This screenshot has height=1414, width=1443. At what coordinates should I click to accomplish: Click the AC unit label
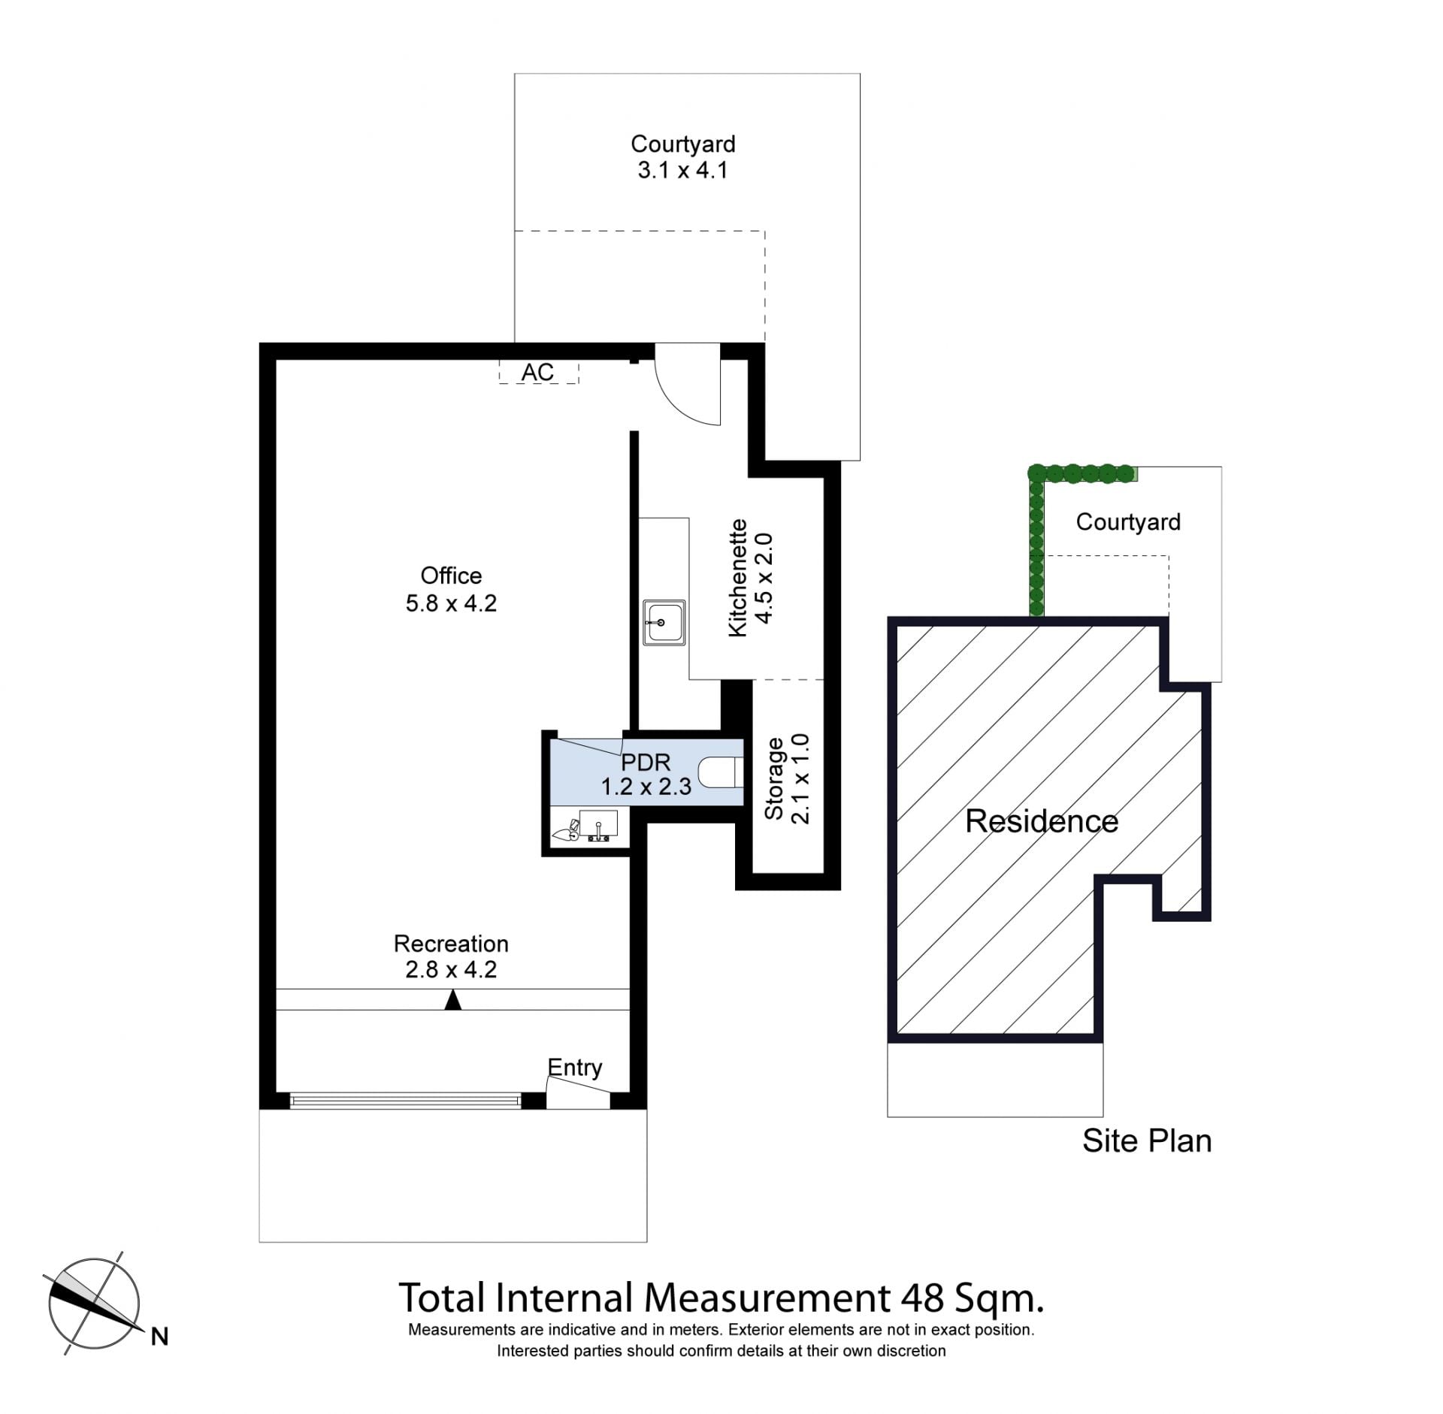point(537,372)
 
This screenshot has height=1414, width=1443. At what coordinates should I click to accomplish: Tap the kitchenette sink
point(664,622)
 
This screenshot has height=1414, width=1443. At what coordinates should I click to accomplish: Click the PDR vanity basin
point(598,824)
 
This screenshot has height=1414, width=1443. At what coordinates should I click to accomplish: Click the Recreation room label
point(451,944)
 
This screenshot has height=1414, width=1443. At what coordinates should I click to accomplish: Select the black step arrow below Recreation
point(452,1000)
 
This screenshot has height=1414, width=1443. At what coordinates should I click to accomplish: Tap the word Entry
point(575,1068)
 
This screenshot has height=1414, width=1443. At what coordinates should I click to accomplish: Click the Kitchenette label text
point(738,579)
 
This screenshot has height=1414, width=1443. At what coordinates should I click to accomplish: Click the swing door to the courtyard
point(688,385)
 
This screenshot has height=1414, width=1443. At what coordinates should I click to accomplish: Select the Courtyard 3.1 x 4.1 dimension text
point(682,171)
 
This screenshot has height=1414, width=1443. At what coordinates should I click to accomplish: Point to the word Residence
point(1042,821)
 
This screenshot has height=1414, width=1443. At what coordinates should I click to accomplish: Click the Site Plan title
point(1147,1141)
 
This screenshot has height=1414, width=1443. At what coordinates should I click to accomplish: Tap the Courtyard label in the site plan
point(1128,522)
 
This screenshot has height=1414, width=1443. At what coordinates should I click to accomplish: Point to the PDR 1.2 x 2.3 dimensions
point(646,787)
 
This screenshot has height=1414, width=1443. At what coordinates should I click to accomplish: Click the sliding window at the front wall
point(405,1101)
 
